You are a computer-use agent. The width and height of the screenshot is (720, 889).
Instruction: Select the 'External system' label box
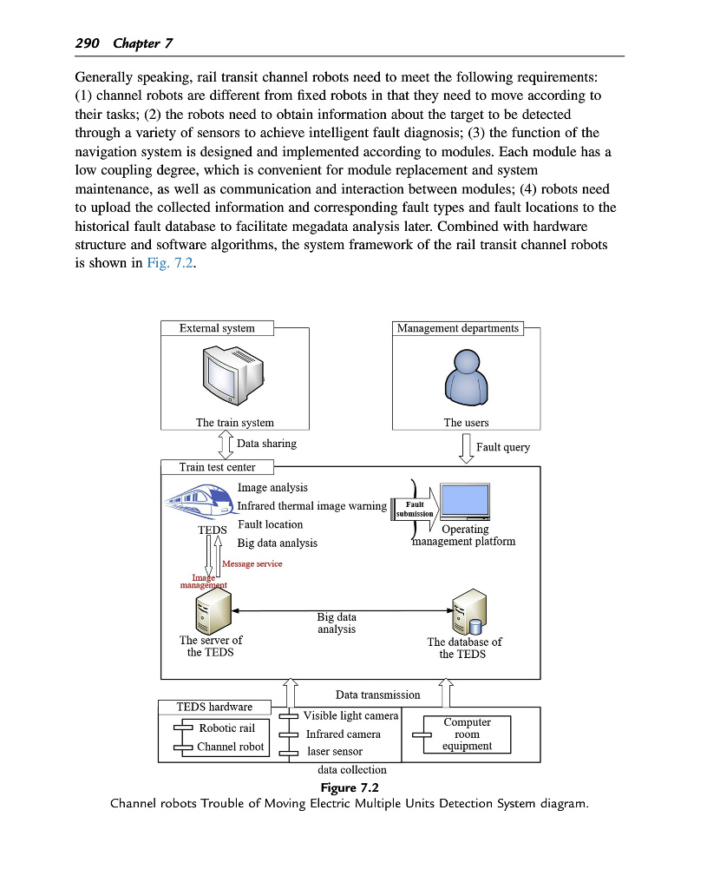click(217, 328)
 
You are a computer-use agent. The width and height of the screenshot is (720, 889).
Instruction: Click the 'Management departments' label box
click(458, 328)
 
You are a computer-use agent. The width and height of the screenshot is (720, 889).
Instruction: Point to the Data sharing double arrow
click(225, 445)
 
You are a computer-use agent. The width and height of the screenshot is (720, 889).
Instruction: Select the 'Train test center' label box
click(217, 467)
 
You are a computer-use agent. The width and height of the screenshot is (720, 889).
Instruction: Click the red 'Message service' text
click(252, 564)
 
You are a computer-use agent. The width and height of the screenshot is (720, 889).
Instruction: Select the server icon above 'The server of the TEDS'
click(212, 610)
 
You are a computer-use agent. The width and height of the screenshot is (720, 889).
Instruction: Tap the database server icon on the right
click(467, 611)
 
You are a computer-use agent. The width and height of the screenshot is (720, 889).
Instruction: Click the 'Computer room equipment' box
click(467, 734)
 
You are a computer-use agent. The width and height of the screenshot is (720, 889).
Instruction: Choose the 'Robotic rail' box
click(227, 728)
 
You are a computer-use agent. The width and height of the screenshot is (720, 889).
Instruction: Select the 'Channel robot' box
click(231, 747)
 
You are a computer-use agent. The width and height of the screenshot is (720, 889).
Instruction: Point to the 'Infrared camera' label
click(343, 734)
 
